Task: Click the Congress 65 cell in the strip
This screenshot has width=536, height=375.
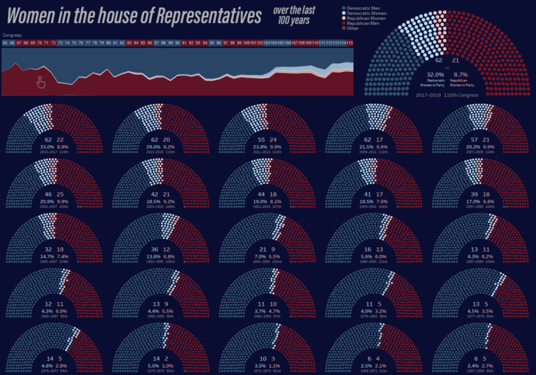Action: pos(5,42)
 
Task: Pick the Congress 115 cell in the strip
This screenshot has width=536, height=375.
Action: pos(349,42)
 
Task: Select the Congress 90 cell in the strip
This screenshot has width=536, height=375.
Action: pos(178,42)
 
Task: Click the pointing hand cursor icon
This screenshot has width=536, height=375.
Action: pos(41,81)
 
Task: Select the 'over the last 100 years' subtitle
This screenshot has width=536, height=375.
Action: pos(294,16)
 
